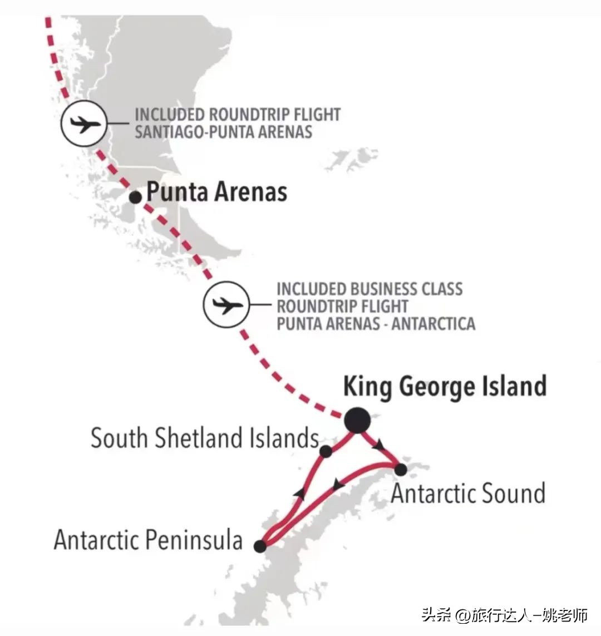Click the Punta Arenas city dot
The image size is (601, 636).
[x=135, y=197]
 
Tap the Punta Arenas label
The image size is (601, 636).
[x=216, y=193]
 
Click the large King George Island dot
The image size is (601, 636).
[x=357, y=420]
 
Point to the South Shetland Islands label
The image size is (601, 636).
[x=204, y=438]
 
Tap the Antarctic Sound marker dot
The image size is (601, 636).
[x=400, y=470]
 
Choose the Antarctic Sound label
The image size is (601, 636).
[x=467, y=494]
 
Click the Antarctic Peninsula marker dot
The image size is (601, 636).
[x=260, y=546]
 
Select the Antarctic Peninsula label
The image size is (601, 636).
[x=148, y=540]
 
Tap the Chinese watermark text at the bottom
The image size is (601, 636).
[x=504, y=615]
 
